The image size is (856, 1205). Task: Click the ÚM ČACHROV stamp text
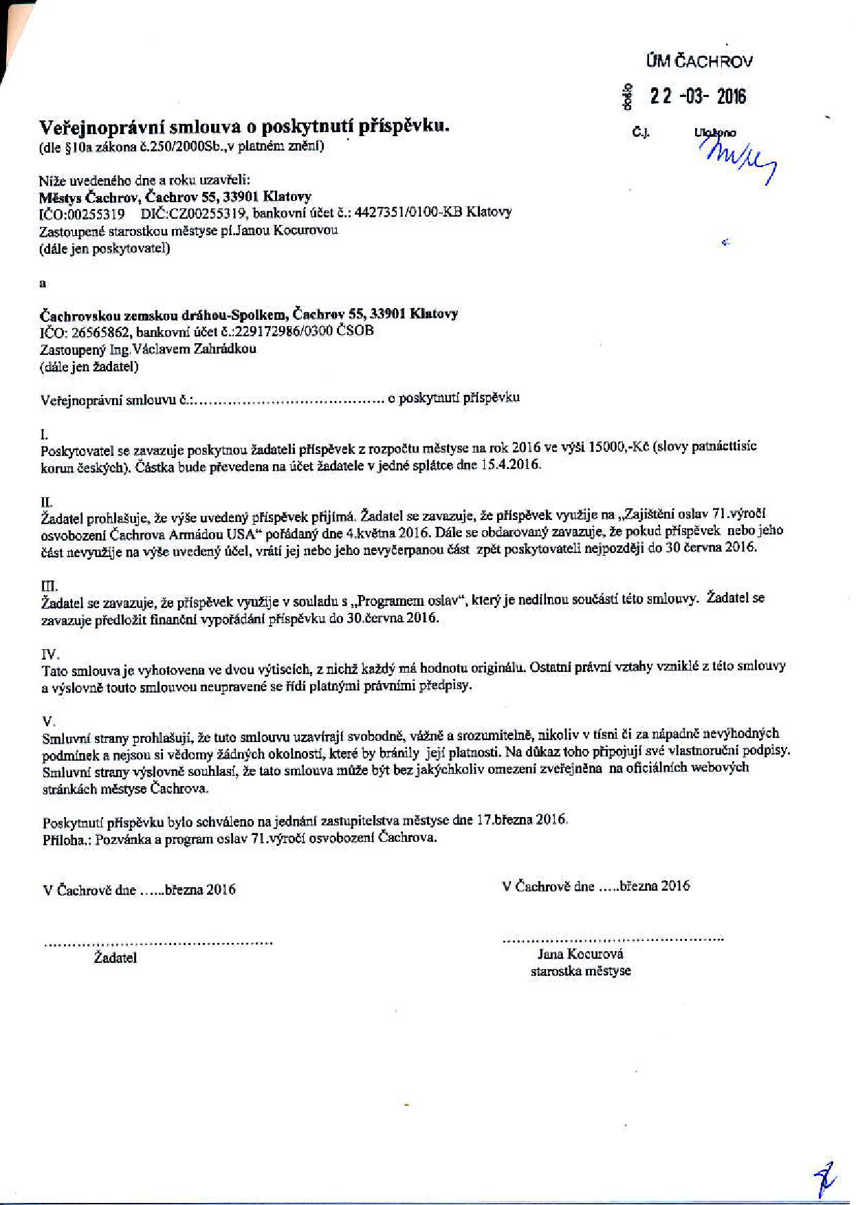tap(699, 61)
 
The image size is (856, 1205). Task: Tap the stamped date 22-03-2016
tap(698, 97)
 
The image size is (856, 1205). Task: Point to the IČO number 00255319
tap(96, 213)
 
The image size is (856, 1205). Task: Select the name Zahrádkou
tap(223, 349)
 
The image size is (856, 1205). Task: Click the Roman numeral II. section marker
tap(47, 502)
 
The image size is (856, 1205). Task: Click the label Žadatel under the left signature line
tap(116, 958)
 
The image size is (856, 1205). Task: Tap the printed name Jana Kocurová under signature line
tap(580, 954)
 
